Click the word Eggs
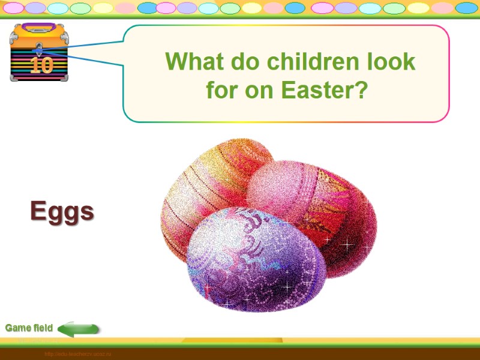62,211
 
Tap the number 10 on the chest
41,65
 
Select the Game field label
29,328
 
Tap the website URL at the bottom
78,355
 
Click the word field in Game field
43,328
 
